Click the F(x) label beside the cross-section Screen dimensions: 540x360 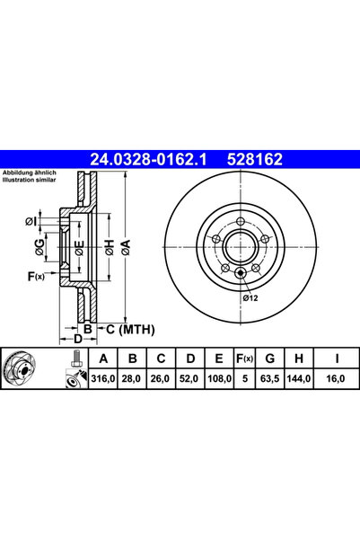(36, 276)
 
